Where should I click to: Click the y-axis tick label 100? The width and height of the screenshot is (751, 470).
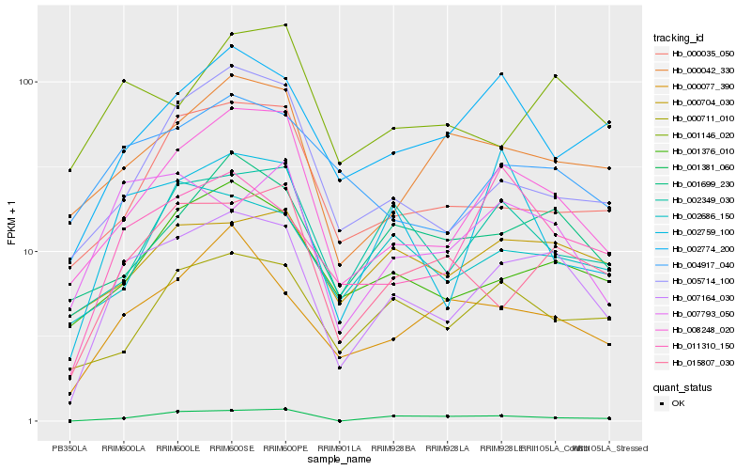(25, 82)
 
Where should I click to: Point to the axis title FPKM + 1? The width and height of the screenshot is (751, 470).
(11, 224)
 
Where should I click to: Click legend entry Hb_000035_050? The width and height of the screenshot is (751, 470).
(696, 55)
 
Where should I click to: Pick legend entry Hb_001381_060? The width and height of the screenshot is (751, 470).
(696, 167)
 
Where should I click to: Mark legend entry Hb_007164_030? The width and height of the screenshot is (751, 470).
(696, 296)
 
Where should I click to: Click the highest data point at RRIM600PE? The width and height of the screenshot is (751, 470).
(285, 25)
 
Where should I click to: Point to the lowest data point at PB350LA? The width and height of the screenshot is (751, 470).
(69, 421)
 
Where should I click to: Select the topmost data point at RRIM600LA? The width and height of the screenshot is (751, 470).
(123, 81)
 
